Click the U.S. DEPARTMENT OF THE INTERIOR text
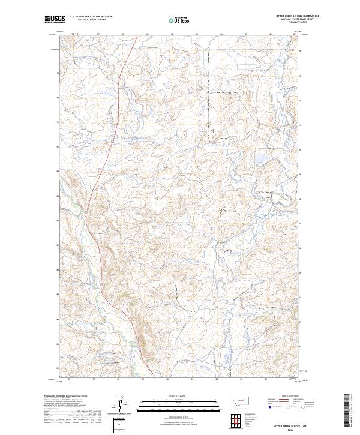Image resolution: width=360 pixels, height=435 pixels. point(91,17)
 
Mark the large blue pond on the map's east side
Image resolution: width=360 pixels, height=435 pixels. point(262,160)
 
